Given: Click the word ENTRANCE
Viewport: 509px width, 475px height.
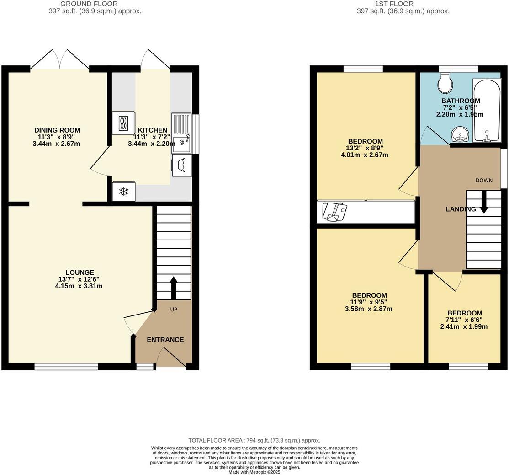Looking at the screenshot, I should click(x=165, y=340).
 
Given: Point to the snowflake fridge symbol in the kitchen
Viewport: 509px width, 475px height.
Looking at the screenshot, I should click(x=123, y=192).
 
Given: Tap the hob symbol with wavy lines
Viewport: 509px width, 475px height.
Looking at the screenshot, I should click(x=123, y=123).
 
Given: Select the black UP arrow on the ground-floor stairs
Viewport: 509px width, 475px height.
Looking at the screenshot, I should click(x=174, y=287).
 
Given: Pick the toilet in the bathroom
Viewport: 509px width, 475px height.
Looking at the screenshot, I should click(x=445, y=82).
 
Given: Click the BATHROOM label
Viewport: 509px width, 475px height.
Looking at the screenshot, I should click(x=460, y=101).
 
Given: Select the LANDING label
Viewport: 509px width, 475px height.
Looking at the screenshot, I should click(x=461, y=209).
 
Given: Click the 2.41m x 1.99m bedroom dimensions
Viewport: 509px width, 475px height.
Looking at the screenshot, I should click(x=463, y=327).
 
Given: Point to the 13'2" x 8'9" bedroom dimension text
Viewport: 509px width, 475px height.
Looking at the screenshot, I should click(x=365, y=148).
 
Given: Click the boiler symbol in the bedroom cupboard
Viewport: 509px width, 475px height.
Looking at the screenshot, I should click(x=334, y=211).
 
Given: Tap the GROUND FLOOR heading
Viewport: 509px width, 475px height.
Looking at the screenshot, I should click(x=95, y=4).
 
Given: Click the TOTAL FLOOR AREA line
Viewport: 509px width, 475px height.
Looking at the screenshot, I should click(x=254, y=440).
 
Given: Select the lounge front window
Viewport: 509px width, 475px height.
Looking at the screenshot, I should click(x=66, y=367).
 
